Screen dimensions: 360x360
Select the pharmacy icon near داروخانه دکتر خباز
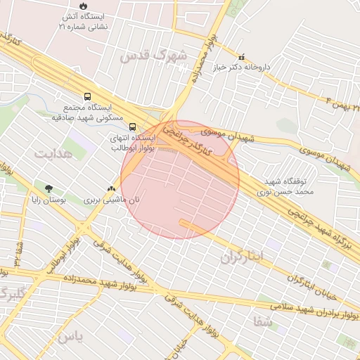241,58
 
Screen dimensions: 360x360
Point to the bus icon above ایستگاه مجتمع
87,96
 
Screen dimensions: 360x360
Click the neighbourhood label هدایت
54,153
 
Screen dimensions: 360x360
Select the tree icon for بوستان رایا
49,188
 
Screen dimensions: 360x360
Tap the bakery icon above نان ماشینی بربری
110,188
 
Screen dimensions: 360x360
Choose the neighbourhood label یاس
70,337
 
